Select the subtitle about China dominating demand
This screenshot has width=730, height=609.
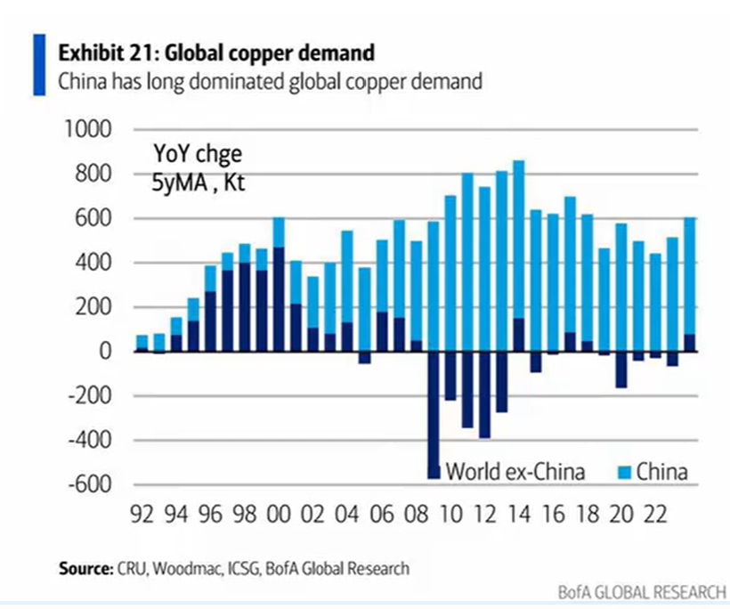pyautogui.click(x=270, y=82)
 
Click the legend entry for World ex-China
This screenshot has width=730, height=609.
pyautogui.click(x=515, y=472)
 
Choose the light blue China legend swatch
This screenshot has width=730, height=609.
pyautogui.click(x=621, y=472)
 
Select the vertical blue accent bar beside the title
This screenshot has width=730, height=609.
pyautogui.click(x=39, y=64)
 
